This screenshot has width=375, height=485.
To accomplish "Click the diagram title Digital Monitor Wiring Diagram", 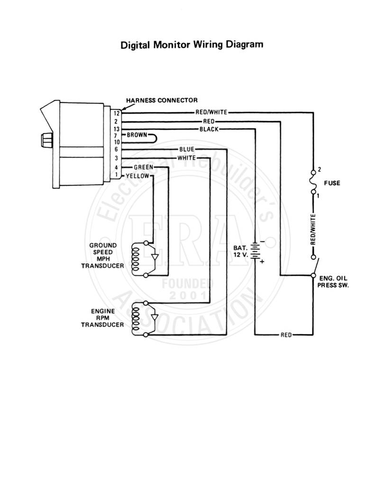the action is pyautogui.click(x=192, y=45).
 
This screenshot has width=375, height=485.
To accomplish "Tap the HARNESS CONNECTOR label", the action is pyautogui.click(x=162, y=100).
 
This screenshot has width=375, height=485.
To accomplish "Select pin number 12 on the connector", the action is pyautogui.click(x=116, y=114).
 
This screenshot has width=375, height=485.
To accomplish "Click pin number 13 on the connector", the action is pyautogui.click(x=116, y=129).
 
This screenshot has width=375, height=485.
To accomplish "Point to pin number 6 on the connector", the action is pyautogui.click(x=116, y=149).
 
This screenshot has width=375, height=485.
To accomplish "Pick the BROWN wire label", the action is pyautogui.click(x=137, y=135).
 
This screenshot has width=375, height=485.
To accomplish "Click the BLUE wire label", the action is pyautogui.click(x=187, y=149).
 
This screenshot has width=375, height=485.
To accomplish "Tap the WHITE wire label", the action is pyautogui.click(x=187, y=158).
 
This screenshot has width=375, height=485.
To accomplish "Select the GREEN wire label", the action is pyautogui.click(x=143, y=167).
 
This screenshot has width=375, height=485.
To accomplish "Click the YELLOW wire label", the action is pyautogui.click(x=137, y=176).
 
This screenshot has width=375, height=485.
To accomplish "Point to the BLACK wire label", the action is pyautogui.click(x=209, y=129).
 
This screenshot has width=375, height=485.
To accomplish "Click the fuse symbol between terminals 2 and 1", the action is pyautogui.click(x=314, y=182).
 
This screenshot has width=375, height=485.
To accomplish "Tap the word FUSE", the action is pyautogui.click(x=332, y=183).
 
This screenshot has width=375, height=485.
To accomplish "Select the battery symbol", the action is pyautogui.click(x=255, y=251).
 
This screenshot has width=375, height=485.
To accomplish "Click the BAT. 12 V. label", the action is pyautogui.click(x=241, y=251).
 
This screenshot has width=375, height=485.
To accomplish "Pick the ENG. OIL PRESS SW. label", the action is pyautogui.click(x=333, y=282).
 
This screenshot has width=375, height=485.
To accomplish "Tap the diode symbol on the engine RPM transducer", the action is pyautogui.click(x=155, y=317).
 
